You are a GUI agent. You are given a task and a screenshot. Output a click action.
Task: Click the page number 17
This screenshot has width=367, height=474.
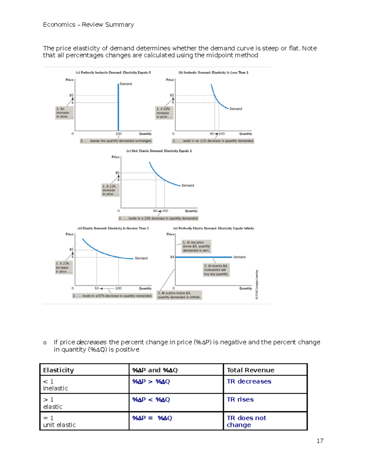click(320, 441)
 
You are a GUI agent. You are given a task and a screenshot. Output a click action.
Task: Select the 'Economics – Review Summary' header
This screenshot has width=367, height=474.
click(88, 25)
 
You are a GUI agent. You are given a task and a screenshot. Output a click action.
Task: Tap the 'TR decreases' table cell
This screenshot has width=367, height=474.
click(249, 382)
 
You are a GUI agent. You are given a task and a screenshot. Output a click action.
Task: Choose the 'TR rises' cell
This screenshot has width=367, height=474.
click(240, 400)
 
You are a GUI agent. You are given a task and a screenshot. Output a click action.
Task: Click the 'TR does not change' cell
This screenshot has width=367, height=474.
click(246, 421)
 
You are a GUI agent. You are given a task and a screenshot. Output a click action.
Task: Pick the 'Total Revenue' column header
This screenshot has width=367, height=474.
click(250, 370)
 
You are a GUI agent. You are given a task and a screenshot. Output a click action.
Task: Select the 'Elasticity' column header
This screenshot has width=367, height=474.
click(58, 370)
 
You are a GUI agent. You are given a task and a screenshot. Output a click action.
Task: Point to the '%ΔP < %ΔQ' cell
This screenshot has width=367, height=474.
click(151, 400)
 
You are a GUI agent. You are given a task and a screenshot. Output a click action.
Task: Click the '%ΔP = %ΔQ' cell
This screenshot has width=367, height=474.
click(152, 418)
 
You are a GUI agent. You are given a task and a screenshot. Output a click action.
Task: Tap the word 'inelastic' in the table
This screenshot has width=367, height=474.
click(55, 388)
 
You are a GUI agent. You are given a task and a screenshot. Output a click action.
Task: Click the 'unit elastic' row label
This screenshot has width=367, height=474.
click(59, 425)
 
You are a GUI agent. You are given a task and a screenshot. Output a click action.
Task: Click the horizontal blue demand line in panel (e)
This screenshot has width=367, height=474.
click(203, 257)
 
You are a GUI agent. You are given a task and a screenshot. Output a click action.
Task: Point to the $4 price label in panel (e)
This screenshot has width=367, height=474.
click(172, 257)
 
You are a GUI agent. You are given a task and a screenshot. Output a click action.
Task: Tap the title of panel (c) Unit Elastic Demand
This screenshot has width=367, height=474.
click(159, 151)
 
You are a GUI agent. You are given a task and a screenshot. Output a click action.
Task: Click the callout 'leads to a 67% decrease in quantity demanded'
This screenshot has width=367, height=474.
click(112, 296)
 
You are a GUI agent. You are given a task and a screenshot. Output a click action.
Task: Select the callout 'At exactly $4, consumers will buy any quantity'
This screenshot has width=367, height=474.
click(216, 270)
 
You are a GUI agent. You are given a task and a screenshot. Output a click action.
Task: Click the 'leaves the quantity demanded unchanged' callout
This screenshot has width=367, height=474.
click(116, 141)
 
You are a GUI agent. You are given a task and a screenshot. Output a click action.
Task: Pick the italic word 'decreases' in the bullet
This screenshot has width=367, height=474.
click(91, 342)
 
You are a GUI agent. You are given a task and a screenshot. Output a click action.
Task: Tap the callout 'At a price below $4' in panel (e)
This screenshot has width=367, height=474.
click(179, 295)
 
